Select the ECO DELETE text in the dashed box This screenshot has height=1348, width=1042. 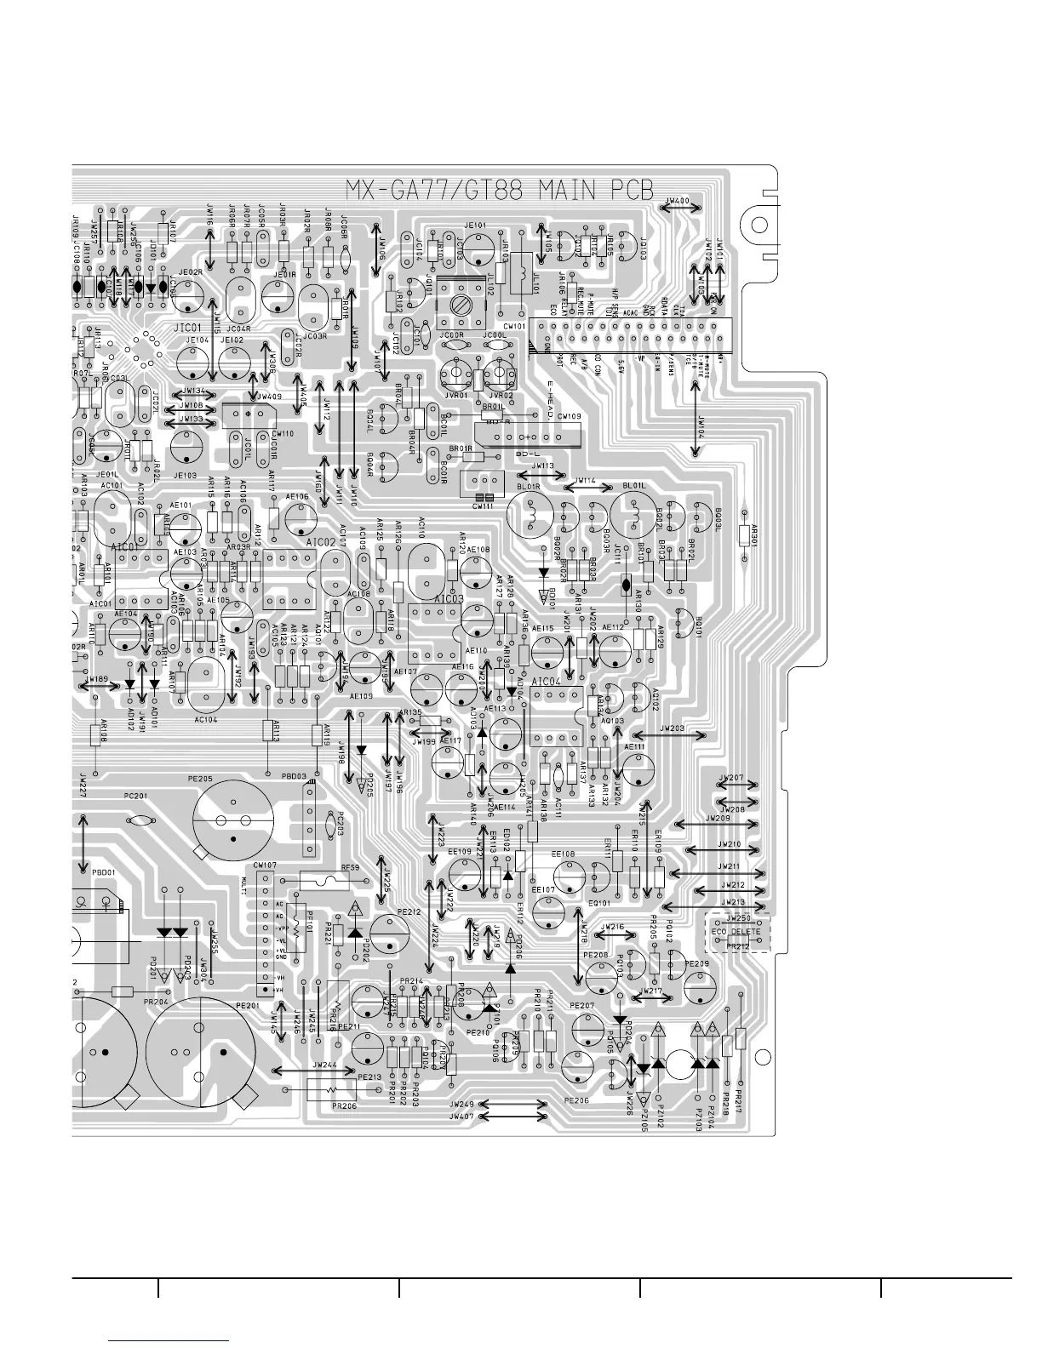coord(736,932)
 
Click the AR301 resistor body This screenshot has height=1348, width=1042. coord(746,534)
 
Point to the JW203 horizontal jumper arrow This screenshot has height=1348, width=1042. coord(671,734)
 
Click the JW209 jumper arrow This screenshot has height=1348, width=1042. coord(719,824)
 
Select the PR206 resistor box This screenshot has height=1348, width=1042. coord(328,1090)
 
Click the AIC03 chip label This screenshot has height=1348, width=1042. coord(449,599)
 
